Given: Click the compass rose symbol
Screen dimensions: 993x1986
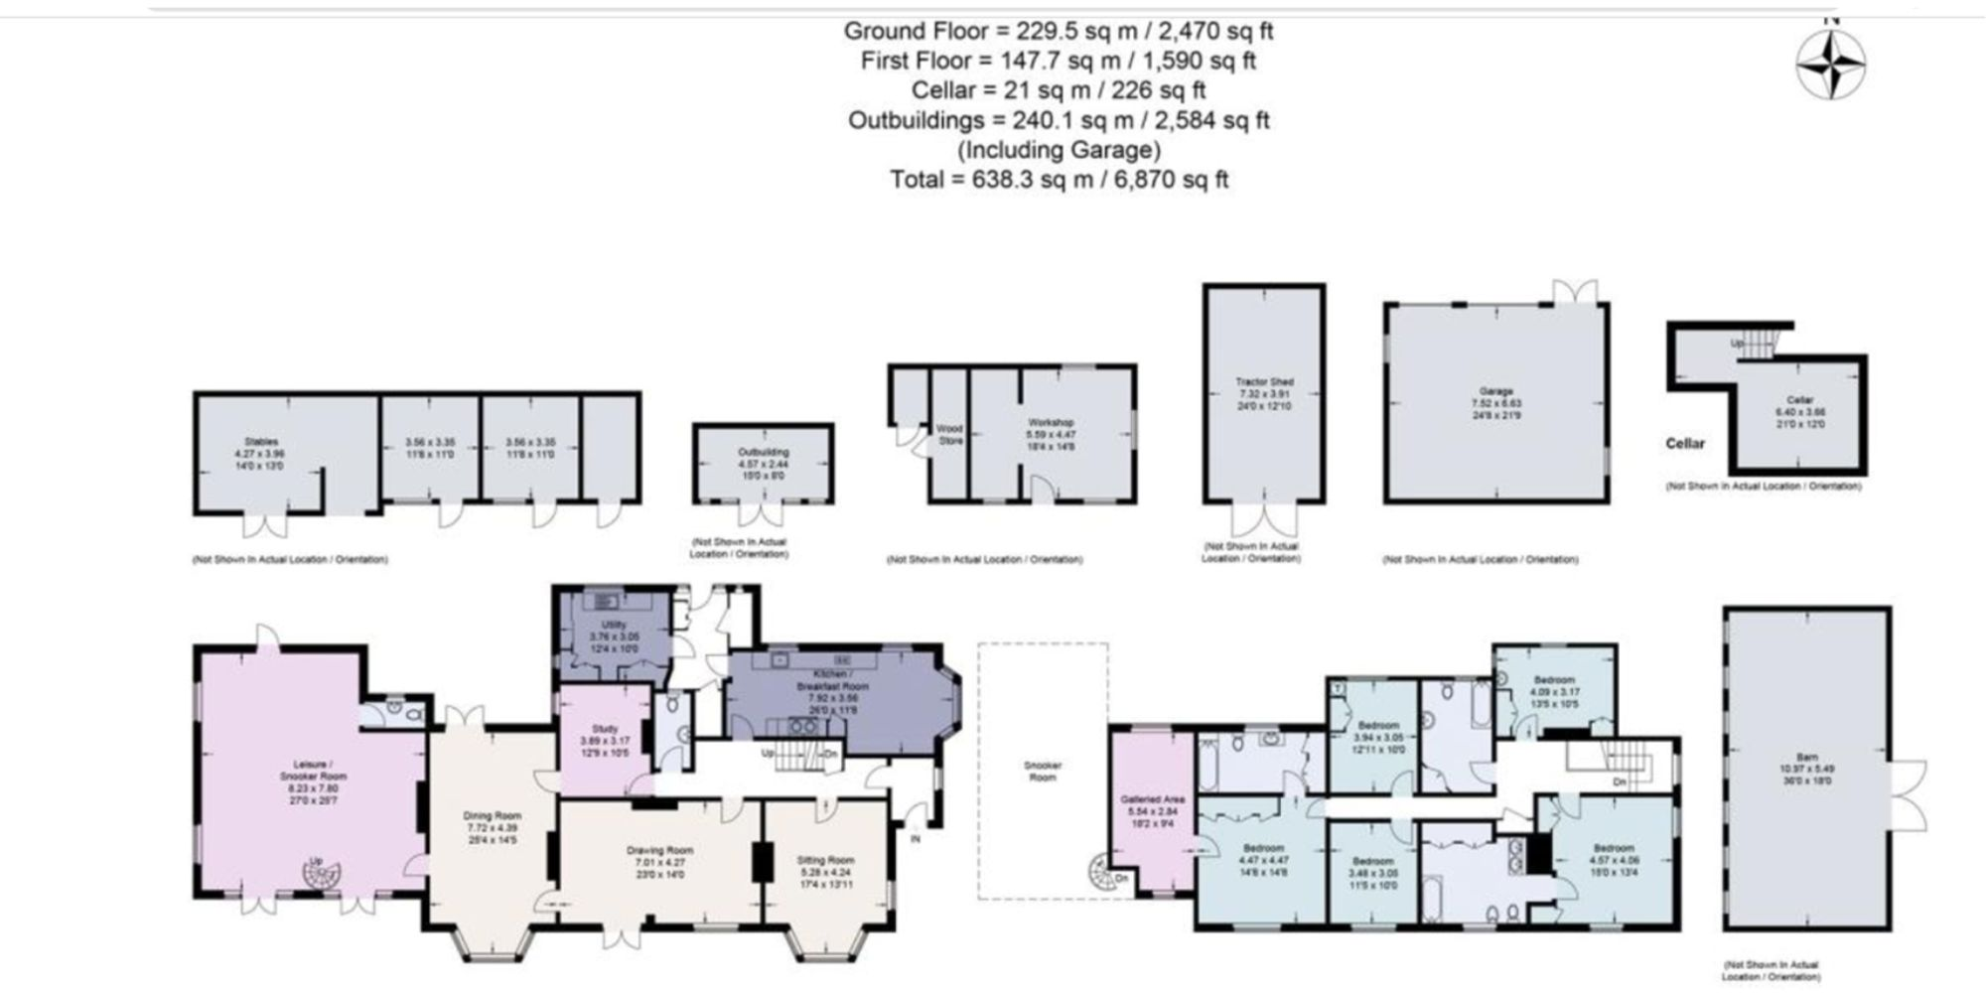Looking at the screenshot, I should pos(1830,65).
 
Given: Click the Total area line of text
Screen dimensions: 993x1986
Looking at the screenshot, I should pos(1059,180).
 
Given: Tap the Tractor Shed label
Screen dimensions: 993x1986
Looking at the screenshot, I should pos(1264,381).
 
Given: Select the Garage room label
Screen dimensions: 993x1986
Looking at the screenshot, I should pos(1495,391).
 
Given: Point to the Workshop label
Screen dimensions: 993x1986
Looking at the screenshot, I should pos(1051,422).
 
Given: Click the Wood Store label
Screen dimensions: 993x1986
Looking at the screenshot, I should pos(950,434).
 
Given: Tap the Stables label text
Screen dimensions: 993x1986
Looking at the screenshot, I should pos(261,441).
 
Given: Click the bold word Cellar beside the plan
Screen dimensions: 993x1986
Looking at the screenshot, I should pos(1684,443).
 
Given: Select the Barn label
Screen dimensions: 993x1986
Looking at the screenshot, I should pos(1806,757).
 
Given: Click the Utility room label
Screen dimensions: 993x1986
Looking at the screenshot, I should pos(614,625).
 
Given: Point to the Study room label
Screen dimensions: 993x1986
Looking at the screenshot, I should pos(604,729).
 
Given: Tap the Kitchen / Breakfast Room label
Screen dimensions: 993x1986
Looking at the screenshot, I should pos(832,679).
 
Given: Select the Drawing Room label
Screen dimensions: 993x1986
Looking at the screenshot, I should pos(659,850).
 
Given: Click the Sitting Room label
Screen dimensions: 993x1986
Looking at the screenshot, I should pos(825,860).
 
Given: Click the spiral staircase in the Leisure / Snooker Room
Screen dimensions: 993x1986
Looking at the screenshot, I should pos(322,877).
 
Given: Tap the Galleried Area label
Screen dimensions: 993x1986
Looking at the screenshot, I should pos(1152,798).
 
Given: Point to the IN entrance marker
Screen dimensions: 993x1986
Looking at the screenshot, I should pos(915,840).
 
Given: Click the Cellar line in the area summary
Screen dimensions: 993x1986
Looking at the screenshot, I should pos(1059,90).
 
